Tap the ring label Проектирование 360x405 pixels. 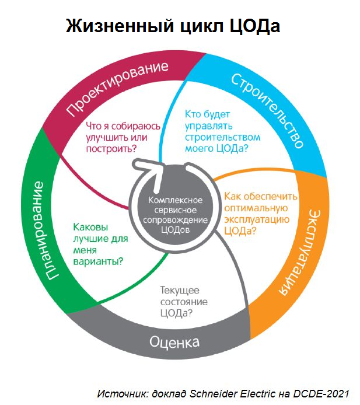[x=117, y=88]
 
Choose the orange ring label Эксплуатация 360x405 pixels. [x=300, y=251]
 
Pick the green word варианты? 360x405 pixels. [x=98, y=260]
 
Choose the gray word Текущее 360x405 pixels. [x=180, y=290]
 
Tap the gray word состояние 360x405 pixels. [x=183, y=302]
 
